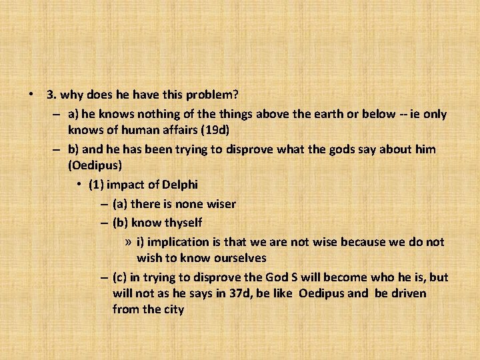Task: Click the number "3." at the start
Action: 51,96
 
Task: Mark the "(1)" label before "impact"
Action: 97,183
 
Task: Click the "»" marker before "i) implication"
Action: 128,241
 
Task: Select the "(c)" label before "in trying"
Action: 121,277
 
